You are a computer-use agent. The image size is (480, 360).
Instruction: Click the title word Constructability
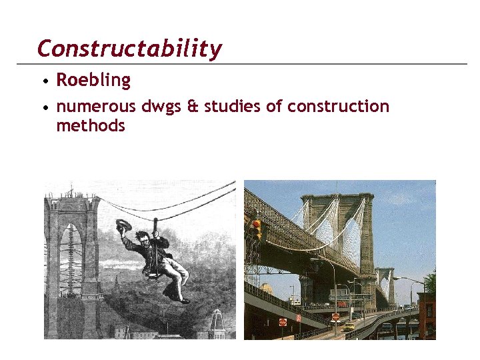click(129, 49)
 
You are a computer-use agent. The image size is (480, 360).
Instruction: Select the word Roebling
click(93, 81)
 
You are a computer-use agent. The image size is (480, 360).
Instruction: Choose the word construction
click(338, 107)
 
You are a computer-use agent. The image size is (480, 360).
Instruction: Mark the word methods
click(91, 125)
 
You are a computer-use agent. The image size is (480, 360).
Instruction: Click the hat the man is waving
click(124, 225)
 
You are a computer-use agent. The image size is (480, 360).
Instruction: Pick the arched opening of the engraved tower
click(70, 267)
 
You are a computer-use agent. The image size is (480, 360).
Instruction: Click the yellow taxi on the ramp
click(349, 326)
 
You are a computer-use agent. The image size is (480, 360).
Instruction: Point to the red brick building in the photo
click(426, 313)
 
